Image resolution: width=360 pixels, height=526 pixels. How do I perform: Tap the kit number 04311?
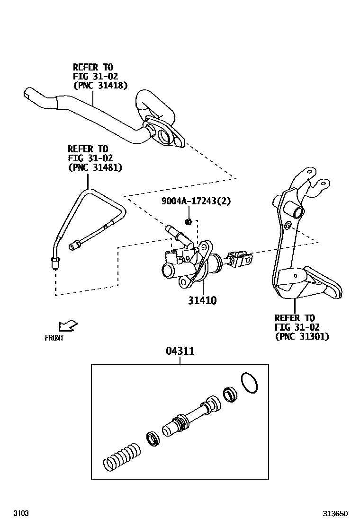click(x=180, y=351)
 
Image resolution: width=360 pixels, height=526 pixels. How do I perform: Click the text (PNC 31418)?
click(x=100, y=85)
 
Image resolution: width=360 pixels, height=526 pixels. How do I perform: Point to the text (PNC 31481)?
click(x=95, y=167)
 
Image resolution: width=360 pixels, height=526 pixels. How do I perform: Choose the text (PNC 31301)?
click(x=302, y=336)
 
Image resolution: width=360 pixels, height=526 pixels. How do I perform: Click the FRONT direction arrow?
click(x=67, y=326)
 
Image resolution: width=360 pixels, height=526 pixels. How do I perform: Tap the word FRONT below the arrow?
click(x=54, y=338)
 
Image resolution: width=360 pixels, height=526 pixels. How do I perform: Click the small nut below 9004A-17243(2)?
click(x=189, y=221)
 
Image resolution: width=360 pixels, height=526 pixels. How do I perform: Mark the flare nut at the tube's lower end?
click(x=55, y=262)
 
